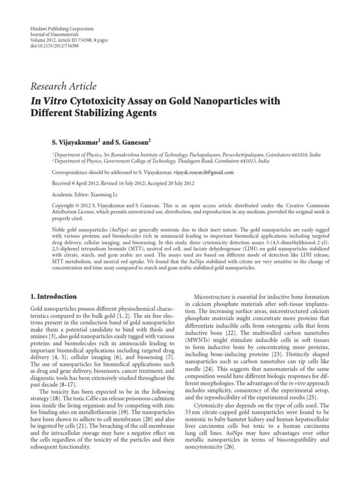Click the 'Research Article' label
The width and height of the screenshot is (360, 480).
(x=63, y=87)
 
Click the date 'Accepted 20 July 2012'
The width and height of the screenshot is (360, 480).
(x=174, y=183)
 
